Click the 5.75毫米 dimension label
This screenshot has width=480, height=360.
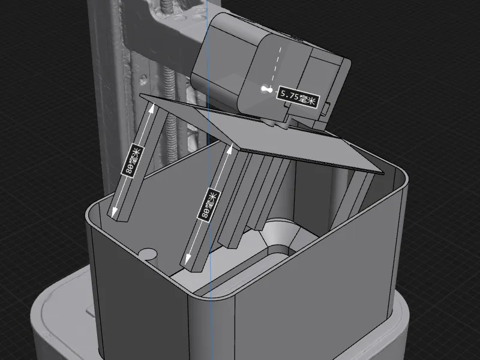(298, 97)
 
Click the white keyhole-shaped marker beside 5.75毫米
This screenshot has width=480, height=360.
(266, 89)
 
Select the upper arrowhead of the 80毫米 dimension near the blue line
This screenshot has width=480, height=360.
(231, 148)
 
